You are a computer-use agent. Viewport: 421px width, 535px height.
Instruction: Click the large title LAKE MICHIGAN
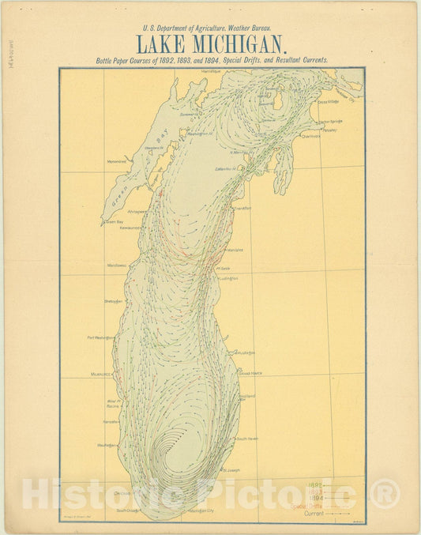click(210, 43)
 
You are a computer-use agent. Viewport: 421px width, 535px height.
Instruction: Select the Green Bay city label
click(115, 222)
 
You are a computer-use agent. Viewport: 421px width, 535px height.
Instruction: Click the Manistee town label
click(235, 250)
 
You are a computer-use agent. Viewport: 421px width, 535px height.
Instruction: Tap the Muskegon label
click(244, 353)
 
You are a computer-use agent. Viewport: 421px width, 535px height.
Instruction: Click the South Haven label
click(247, 438)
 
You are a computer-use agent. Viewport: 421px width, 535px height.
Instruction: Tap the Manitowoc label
click(116, 266)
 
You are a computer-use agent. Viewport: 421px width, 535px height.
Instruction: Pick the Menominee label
click(117, 161)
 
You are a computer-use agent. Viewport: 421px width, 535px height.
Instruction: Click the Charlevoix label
click(310, 136)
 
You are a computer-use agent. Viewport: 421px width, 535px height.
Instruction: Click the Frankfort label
click(241, 208)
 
